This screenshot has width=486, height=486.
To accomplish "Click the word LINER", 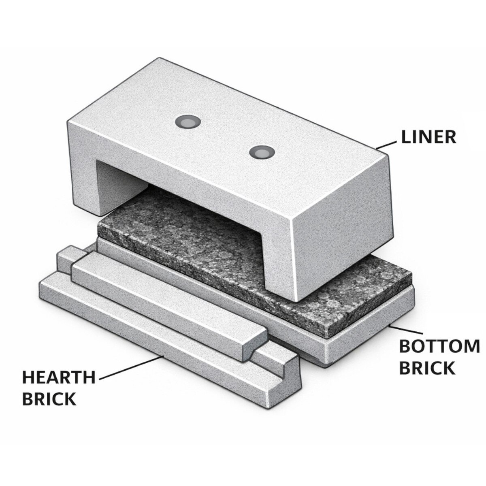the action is coord(428,137).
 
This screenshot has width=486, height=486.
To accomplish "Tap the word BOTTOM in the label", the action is coord(439,347).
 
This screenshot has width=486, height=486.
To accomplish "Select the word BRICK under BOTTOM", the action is coord(427,368).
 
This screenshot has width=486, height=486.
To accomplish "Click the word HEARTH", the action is coord(59,377).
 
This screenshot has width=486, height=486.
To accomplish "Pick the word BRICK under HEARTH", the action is coord(49,399).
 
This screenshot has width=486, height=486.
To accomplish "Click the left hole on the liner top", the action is coord(188,123).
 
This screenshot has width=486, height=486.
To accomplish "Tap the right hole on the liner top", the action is coord(262,153).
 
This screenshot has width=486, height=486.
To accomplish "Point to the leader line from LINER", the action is coord(386,145).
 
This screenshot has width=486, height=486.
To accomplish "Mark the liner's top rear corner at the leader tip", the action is coord(376,148).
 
